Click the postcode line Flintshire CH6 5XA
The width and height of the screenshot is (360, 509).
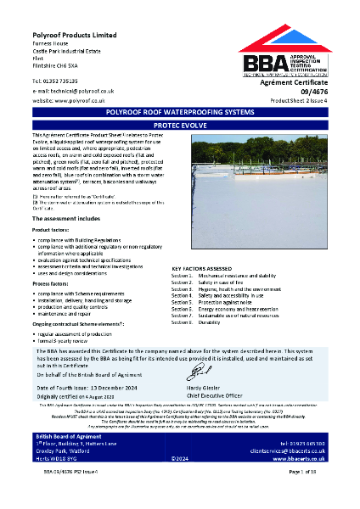(60, 62)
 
